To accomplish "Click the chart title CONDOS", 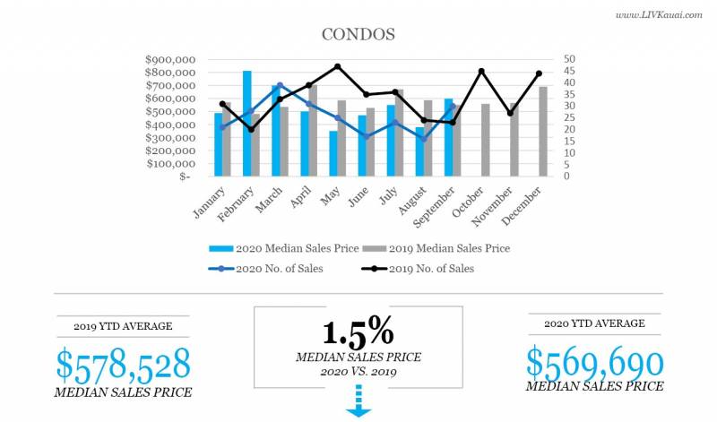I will click(358, 35).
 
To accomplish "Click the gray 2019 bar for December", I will click(543, 131).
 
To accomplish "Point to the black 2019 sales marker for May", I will click(337, 66).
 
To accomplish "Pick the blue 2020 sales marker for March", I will click(280, 85).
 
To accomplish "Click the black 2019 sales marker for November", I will click(510, 113).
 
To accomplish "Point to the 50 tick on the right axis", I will click(569, 60).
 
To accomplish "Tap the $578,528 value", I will click(124, 365).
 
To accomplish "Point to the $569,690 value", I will click(594, 363).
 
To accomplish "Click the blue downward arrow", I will click(358, 400).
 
